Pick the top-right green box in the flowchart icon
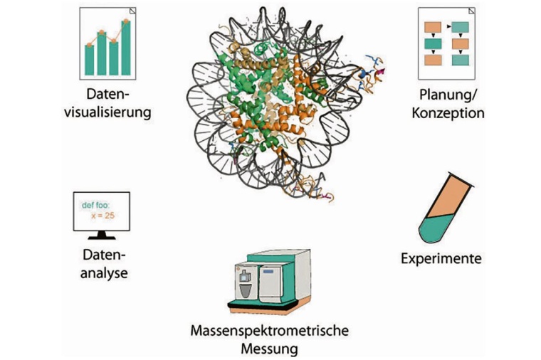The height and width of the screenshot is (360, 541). pos(461,28)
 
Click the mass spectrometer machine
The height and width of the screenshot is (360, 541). pos(271,281)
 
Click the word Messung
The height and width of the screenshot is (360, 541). pos(270,349)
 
